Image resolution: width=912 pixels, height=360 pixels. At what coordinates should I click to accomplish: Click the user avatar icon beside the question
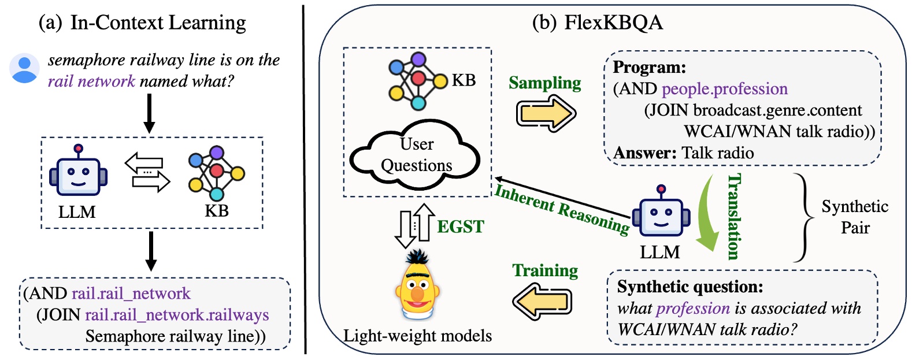24,69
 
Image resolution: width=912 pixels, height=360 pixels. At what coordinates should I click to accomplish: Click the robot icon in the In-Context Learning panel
79,172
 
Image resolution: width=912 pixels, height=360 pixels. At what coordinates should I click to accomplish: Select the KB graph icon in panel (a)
216,172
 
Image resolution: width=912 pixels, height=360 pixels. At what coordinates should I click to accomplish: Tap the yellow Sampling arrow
545,113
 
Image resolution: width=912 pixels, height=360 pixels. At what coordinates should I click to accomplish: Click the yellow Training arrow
543,302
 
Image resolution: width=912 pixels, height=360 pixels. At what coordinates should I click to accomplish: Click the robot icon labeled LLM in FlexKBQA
661,213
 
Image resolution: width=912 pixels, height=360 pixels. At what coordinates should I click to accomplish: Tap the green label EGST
460,227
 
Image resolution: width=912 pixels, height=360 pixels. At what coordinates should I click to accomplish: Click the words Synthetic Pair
854,217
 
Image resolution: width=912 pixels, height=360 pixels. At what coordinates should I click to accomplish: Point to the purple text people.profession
724,89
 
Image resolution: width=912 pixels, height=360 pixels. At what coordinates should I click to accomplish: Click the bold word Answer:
644,153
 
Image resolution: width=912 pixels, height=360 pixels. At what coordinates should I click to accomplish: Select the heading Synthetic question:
690,287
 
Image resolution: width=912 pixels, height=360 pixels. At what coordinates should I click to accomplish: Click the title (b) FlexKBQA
597,22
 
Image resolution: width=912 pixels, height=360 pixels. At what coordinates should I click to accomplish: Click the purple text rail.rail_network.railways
177,315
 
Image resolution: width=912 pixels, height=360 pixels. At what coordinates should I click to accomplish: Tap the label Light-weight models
417,336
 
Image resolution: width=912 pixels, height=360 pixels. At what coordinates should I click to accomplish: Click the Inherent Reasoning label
562,209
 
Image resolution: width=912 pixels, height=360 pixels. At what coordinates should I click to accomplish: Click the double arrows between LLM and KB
147,172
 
